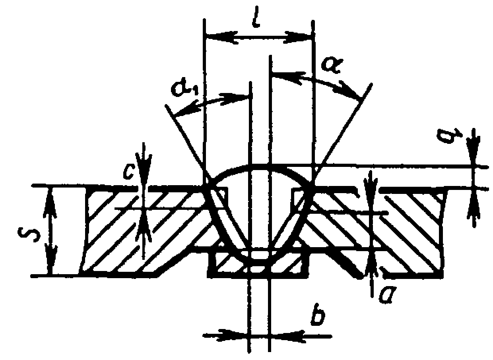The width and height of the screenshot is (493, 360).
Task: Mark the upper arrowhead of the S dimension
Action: (x=50, y=197)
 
